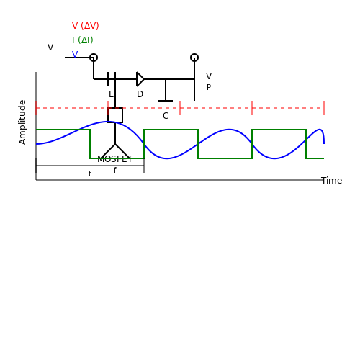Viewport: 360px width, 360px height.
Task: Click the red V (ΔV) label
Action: pyautogui.click(x=86, y=26)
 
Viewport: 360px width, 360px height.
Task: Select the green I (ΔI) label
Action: pyautogui.click(x=83, y=40)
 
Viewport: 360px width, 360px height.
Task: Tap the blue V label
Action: pyautogui.click(x=75, y=55)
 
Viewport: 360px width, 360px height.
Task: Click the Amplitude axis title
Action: pyautogui.click(x=22, y=122)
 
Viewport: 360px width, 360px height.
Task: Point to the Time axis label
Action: pyautogui.click(x=332, y=181)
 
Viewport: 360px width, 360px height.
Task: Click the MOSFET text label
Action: pyautogui.click(x=115, y=159)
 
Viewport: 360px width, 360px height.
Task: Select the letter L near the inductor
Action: pyautogui.click(x=111, y=94)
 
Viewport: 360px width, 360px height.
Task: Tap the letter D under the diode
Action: pyautogui.click(x=140, y=94)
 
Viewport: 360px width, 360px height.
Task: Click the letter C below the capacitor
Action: pyautogui.click(x=166, y=116)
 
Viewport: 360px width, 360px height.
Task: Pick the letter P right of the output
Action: pyautogui.click(x=209, y=87)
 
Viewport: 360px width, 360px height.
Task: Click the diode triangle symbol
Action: pyautogui.click(x=140, y=79)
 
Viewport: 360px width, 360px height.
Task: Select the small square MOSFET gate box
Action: pyautogui.click(x=115, y=115)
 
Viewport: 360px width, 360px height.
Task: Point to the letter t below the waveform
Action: pyautogui.click(x=90, y=174)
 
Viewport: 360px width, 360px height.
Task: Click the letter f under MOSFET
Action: pyautogui.click(x=115, y=170)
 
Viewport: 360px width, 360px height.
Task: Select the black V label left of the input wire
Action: pyautogui.click(x=50, y=48)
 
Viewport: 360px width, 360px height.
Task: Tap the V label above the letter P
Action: pyautogui.click(x=209, y=76)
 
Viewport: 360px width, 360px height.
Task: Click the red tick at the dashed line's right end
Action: pyautogui.click(x=324, y=108)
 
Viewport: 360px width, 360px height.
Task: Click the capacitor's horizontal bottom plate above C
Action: pyautogui.click(x=166, y=101)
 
